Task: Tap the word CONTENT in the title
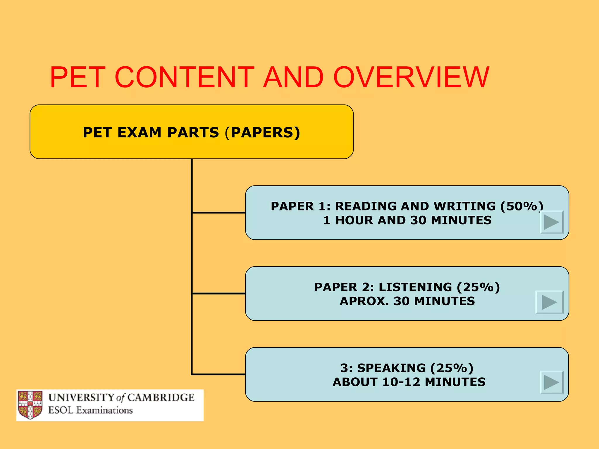(185, 77)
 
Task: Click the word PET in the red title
(78, 77)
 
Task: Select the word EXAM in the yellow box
(139, 132)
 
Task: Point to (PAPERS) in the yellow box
(263, 132)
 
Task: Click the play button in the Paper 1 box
(551, 222)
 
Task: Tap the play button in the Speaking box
(551, 382)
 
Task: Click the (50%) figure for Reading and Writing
(521, 206)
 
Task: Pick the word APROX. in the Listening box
(364, 301)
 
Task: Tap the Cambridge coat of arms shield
(30, 405)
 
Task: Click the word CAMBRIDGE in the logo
(161, 398)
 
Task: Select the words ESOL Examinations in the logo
(90, 410)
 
